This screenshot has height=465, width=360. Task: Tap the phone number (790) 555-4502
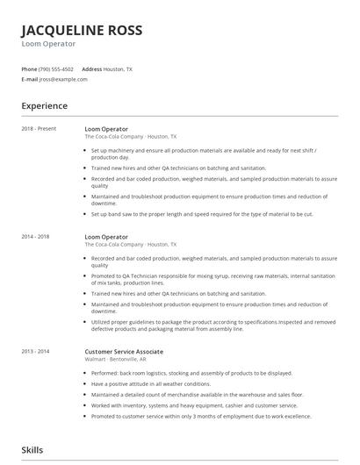pos(56,68)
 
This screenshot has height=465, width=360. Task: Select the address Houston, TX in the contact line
pos(118,68)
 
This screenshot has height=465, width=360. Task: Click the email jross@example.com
pos(63,79)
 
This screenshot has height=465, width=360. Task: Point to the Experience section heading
pos(45,106)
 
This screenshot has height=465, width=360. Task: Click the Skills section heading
pos(32,450)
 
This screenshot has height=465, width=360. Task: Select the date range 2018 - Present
pos(39,128)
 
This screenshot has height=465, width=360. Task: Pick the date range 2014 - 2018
pos(36,237)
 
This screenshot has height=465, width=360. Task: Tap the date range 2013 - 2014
pos(36,326)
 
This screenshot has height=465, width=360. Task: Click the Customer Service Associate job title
pos(124,326)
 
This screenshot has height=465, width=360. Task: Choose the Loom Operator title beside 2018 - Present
pos(106,128)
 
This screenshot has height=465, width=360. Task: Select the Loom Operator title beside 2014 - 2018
pos(106,237)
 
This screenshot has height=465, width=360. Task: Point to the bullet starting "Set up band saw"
pos(202,214)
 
